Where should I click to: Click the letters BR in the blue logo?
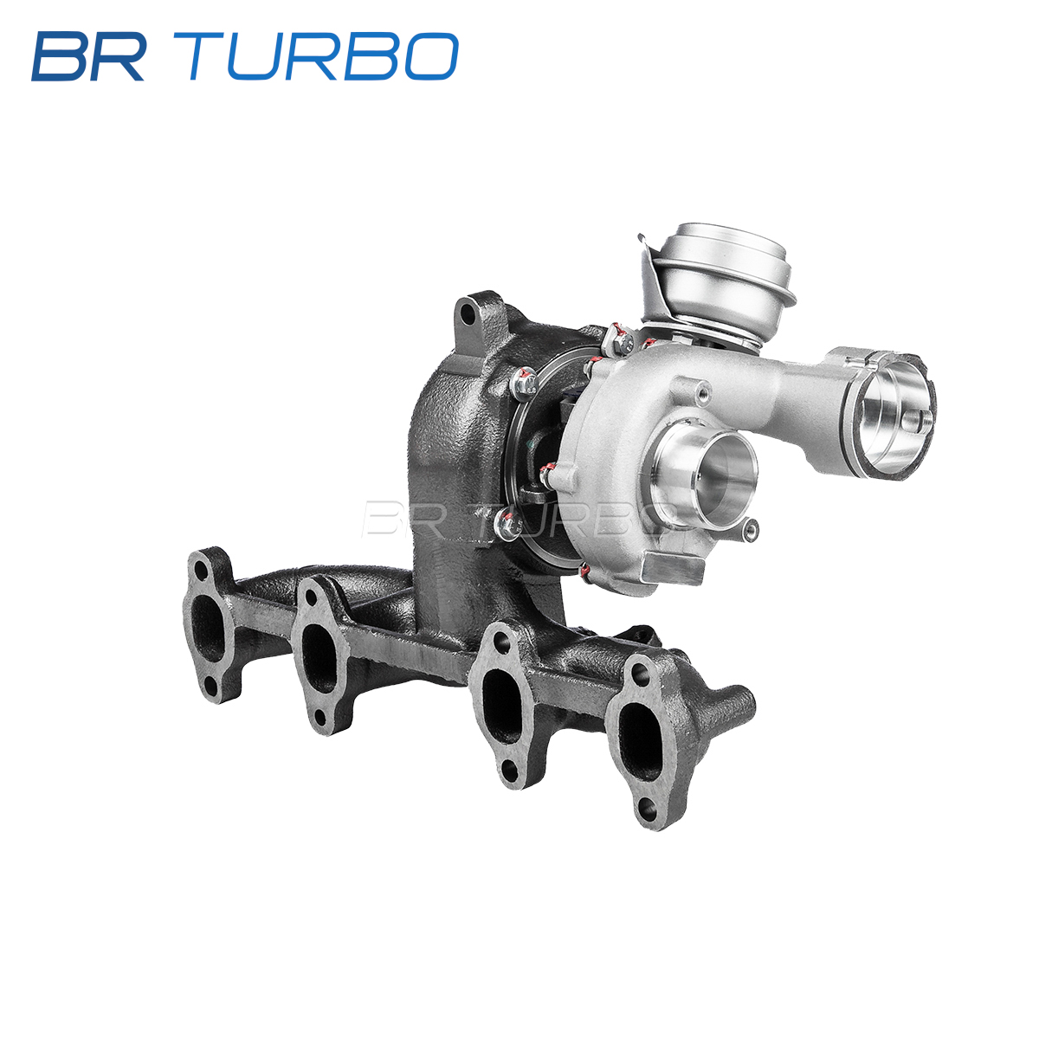click(x=88, y=56)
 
